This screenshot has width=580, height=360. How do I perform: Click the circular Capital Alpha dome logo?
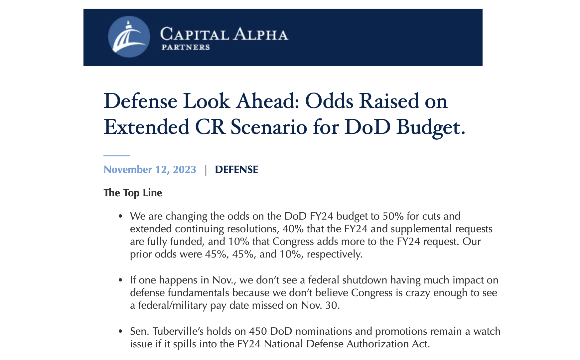(x=129, y=37)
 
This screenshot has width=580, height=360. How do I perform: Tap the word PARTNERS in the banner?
(x=186, y=47)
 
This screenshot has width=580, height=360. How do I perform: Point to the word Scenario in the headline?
(x=269, y=127)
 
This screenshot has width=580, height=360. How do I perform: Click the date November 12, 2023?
(x=150, y=169)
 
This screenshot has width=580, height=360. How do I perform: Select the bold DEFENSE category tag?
(x=236, y=169)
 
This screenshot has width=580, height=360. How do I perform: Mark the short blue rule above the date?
(x=117, y=155)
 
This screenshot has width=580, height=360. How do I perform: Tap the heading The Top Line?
(x=133, y=193)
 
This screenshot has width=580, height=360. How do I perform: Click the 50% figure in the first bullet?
(x=393, y=216)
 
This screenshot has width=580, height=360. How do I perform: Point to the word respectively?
(x=334, y=254)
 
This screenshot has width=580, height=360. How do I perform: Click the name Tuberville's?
(x=178, y=331)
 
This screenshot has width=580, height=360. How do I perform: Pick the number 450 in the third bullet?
(x=258, y=331)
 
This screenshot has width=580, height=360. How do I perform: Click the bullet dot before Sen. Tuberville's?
(x=121, y=331)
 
